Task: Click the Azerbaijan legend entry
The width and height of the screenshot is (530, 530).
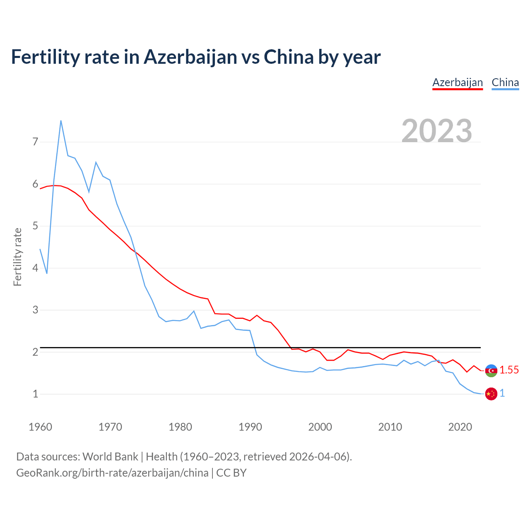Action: click(458, 82)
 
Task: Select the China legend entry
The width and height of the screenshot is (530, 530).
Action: click(505, 82)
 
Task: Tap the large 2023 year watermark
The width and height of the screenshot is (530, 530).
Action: click(437, 131)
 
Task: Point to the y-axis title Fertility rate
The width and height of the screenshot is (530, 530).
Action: click(17, 257)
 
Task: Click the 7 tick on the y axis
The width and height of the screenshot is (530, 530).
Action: click(35, 142)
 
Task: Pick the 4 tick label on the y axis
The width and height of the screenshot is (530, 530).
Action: click(35, 268)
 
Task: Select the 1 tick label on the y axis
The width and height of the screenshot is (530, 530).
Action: click(35, 394)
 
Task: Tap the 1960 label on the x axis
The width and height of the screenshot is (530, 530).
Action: click(40, 427)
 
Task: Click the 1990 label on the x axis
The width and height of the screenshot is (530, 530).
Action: click(250, 427)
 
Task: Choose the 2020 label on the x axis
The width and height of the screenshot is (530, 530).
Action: click(460, 427)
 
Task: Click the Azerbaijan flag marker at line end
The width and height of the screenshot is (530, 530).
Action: click(491, 371)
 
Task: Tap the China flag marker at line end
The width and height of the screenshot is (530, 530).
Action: click(491, 394)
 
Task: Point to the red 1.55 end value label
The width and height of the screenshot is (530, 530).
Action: click(509, 370)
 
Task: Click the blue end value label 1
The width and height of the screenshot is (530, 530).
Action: click(502, 393)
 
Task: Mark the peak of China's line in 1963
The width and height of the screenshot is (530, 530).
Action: click(61, 120)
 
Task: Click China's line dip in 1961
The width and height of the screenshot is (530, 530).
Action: click(47, 273)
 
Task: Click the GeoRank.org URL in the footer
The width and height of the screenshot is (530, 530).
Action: click(112, 473)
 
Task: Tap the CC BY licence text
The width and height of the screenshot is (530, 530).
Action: click(231, 473)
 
